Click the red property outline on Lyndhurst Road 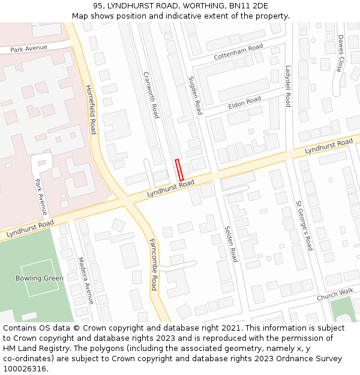[x=179, y=170]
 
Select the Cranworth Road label [x=151, y=94]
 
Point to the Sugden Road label [x=195, y=95]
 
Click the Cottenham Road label [x=238, y=52]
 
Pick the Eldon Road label [x=244, y=103]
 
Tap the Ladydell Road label [x=288, y=86]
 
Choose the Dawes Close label [x=340, y=53]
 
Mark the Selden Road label [x=231, y=244]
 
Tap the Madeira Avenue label [x=86, y=281]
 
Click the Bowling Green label [x=40, y=278]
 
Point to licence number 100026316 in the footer [x=25, y=369]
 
